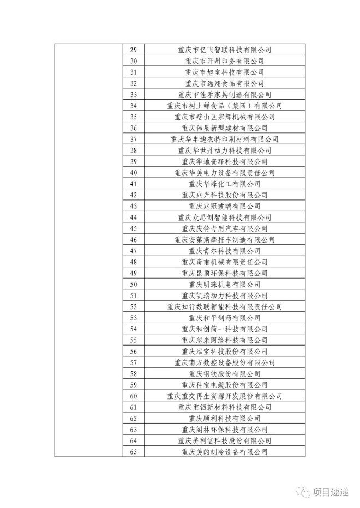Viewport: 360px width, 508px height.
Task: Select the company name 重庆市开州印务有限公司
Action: [x=224, y=61]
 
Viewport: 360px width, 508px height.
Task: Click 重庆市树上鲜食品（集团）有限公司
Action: [x=224, y=105]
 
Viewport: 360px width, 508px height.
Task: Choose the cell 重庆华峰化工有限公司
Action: [x=224, y=184]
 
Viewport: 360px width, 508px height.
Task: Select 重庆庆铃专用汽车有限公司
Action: [x=224, y=228]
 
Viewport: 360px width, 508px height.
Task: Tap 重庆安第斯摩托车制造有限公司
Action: [x=224, y=239]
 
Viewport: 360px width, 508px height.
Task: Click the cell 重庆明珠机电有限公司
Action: [x=224, y=284]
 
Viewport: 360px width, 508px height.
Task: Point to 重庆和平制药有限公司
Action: [x=224, y=318]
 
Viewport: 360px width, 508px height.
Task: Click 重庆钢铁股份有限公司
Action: [x=224, y=373]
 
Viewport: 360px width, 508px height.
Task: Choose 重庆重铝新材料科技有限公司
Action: [x=224, y=407]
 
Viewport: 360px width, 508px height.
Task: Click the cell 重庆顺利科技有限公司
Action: [x=224, y=418]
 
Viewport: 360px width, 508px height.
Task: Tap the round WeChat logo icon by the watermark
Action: [x=303, y=492]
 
